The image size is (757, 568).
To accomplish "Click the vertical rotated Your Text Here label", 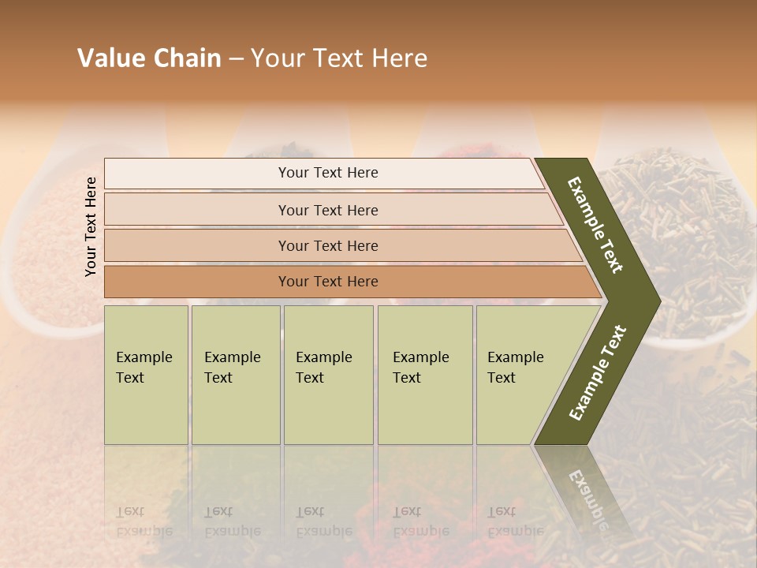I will [91, 226].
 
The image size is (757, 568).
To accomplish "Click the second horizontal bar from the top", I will [328, 210].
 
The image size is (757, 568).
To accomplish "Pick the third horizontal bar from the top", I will [328, 245].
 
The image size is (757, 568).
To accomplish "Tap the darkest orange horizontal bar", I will [328, 282].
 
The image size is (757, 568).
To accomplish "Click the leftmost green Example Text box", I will [146, 375].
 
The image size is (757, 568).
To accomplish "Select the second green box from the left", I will [235, 375].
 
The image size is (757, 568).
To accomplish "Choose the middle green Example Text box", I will [328, 375].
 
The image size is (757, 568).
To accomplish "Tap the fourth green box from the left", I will [424, 375].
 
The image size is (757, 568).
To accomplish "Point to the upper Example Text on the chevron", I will [595, 226].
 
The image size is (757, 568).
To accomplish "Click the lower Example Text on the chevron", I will [598, 373].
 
